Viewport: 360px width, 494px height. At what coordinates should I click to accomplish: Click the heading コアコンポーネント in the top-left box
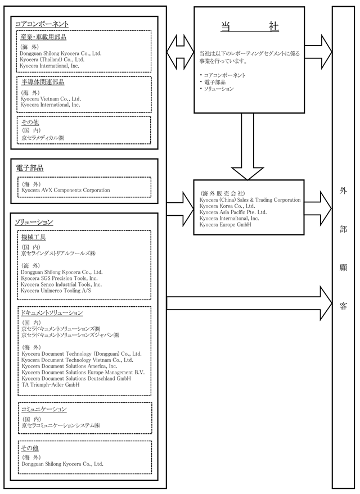(42, 24)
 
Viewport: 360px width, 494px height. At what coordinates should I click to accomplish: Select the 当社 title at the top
(250, 27)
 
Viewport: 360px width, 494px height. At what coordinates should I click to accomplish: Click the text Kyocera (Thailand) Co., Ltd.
(52, 60)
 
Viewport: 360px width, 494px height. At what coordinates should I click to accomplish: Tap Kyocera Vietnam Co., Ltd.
(51, 98)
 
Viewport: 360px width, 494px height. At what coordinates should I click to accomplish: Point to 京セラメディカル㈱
(43, 138)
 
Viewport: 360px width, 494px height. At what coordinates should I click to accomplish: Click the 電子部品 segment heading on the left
(30, 168)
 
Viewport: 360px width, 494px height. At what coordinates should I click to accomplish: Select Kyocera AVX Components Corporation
(66, 191)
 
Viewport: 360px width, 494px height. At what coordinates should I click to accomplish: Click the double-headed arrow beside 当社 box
(180, 52)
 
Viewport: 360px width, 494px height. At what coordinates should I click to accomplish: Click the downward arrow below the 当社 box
(247, 147)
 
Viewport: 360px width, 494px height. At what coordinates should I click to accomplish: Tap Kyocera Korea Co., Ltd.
(227, 206)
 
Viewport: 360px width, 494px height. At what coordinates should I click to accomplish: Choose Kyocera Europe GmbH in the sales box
(226, 225)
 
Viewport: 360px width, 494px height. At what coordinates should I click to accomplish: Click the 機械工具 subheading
(33, 237)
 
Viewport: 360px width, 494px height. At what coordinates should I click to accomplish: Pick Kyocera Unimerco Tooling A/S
(56, 291)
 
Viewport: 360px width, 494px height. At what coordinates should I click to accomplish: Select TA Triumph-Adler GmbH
(51, 384)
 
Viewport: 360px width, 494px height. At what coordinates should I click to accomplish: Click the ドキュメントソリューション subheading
(52, 313)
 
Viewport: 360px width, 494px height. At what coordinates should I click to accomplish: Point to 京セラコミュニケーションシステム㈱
(61, 425)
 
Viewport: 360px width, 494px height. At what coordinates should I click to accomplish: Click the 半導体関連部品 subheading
(43, 82)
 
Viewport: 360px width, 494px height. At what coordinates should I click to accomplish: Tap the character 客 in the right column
(343, 306)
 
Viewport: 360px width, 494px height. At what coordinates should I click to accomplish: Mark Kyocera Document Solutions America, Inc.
(69, 366)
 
